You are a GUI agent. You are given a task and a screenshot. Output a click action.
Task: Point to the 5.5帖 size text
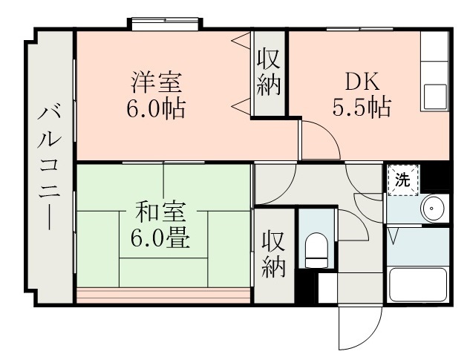click(361, 108)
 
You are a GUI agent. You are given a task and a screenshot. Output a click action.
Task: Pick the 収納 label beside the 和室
click(273, 254)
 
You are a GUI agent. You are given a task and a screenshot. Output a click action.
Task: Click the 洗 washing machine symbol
click(402, 179)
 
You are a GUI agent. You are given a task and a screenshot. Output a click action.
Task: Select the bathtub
click(418, 286)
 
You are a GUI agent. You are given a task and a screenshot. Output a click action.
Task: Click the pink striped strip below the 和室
click(163, 295)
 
